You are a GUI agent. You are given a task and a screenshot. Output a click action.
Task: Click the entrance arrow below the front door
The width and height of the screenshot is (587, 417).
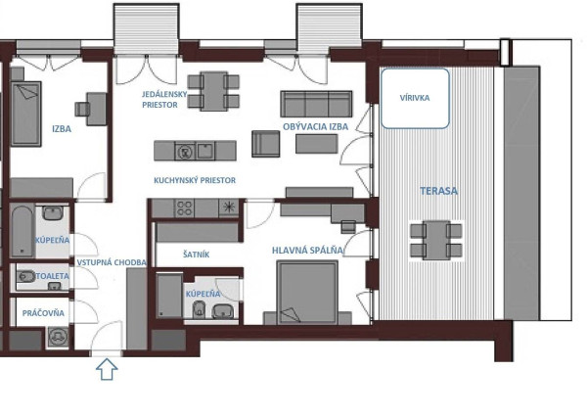click(x=107, y=369)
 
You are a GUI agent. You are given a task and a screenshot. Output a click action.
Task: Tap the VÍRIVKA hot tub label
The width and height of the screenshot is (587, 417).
click(x=415, y=98)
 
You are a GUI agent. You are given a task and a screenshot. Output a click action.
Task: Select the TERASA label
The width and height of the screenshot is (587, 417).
click(x=438, y=191)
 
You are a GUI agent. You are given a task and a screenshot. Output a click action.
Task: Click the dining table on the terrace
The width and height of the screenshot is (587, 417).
click(x=436, y=240)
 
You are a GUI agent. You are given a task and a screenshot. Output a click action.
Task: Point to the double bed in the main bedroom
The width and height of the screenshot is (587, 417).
click(x=307, y=293)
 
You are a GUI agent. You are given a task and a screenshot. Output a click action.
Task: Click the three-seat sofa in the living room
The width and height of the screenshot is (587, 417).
click(x=316, y=104)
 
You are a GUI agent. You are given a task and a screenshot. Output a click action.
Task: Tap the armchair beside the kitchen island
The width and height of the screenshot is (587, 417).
click(x=265, y=144)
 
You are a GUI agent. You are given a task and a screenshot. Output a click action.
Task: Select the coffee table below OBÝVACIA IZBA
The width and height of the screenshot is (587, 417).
click(x=317, y=144)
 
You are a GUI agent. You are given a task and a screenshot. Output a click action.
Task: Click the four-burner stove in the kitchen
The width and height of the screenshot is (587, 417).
click(x=184, y=208)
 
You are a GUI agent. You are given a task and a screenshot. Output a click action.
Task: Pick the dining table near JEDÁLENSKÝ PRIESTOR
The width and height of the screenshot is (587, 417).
click(x=213, y=91)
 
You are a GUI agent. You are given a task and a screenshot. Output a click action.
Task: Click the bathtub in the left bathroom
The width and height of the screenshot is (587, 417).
click(x=23, y=231)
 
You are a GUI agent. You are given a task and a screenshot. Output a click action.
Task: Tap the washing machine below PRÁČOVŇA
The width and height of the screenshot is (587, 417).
click(x=58, y=336)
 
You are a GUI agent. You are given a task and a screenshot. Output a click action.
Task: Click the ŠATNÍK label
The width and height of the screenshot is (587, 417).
click(x=197, y=255)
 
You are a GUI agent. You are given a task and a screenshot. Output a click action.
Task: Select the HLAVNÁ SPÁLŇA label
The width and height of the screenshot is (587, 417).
click(x=307, y=251)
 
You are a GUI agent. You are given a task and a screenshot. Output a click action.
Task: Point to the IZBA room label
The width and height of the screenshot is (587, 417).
click(x=62, y=129)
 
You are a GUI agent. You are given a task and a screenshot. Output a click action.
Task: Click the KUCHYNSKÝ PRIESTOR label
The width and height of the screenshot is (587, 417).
click(x=195, y=180)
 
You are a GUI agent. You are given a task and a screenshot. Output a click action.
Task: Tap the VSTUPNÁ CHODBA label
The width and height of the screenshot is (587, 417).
click(x=112, y=262)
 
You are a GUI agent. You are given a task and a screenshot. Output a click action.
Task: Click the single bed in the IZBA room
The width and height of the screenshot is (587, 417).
click(x=25, y=114)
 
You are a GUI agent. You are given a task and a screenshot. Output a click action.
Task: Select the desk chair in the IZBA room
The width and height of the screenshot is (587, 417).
click(x=82, y=109)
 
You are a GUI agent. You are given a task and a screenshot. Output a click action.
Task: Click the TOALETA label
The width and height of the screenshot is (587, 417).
click(x=53, y=276)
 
